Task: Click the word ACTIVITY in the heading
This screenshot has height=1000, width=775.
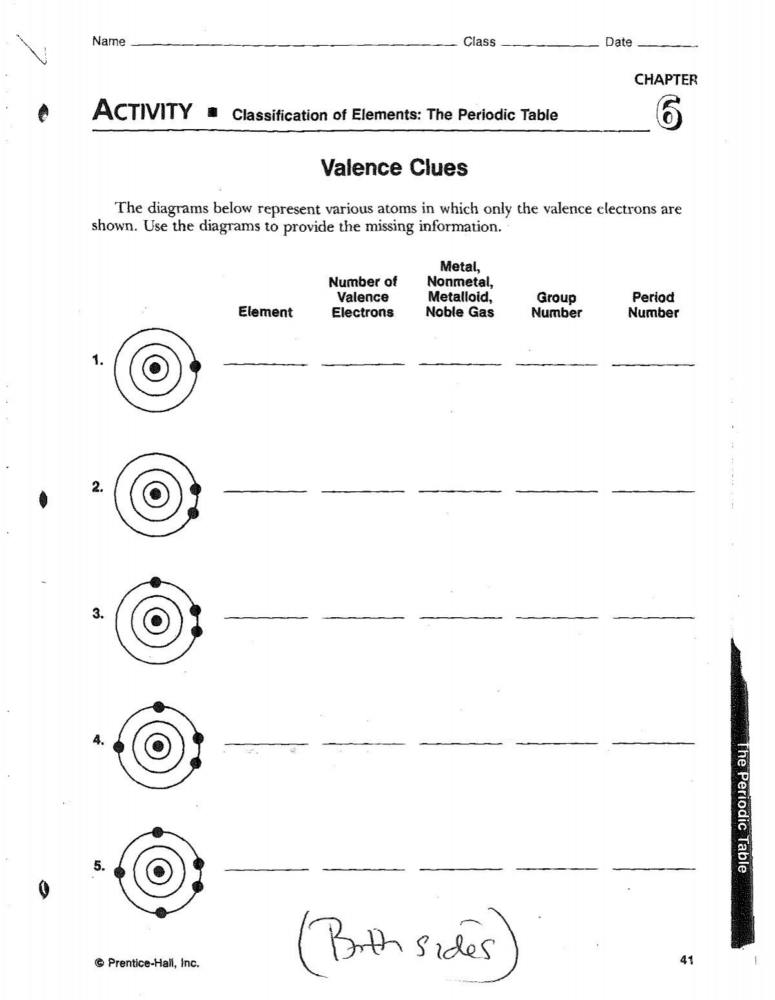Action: pyautogui.click(x=143, y=112)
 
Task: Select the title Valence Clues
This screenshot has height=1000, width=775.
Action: pyautogui.click(x=393, y=168)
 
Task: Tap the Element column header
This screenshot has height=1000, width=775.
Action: pyautogui.click(x=265, y=312)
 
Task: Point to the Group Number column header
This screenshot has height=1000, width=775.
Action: pyautogui.click(x=557, y=305)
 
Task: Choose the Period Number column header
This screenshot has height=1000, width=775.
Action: pyautogui.click(x=654, y=305)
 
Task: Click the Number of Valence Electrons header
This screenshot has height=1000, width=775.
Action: pyautogui.click(x=362, y=297)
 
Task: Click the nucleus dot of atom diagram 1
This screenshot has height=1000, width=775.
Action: pyautogui.click(x=155, y=368)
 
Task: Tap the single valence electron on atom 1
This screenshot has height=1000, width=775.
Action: pyautogui.click(x=196, y=367)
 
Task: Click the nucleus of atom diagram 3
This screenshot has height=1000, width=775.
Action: pyautogui.click(x=156, y=621)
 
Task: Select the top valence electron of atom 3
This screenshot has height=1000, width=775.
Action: pyautogui.click(x=155, y=582)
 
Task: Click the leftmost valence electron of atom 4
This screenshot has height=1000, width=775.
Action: pyautogui.click(x=118, y=747)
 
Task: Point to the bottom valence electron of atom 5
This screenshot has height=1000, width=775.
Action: pyautogui.click(x=161, y=912)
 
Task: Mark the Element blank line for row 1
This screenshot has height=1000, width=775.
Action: pyautogui.click(x=265, y=364)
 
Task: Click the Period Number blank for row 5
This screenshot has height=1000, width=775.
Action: pyautogui.click(x=654, y=868)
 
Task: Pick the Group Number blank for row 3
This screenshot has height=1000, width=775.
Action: pyautogui.click(x=557, y=617)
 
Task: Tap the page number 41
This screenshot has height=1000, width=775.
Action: pyautogui.click(x=687, y=960)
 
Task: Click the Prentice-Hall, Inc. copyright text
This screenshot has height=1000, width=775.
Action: pyautogui.click(x=147, y=963)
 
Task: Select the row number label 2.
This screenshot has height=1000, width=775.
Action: pyautogui.click(x=98, y=488)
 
